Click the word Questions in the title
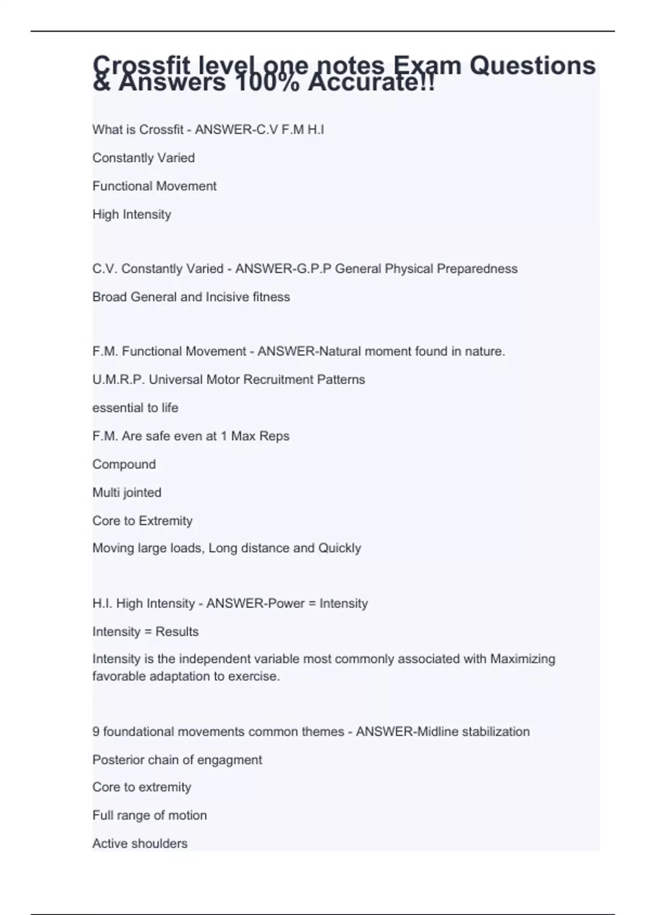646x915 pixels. pyautogui.click(x=532, y=66)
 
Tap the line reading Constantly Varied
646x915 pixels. pyautogui.click(x=143, y=158)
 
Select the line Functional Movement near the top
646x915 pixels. pyautogui.click(x=154, y=186)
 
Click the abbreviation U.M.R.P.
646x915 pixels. pyautogui.click(x=118, y=379)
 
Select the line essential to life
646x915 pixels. pyautogui.click(x=135, y=407)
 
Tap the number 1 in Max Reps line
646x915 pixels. pyautogui.click(x=223, y=436)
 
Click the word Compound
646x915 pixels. pyautogui.click(x=124, y=464)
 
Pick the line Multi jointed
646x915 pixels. pyautogui.click(x=127, y=492)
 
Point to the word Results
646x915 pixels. pyautogui.click(x=177, y=631)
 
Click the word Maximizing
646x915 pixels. pyautogui.click(x=522, y=659)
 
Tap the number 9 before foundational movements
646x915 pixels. pyautogui.click(x=96, y=731)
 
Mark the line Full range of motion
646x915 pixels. pyautogui.click(x=149, y=815)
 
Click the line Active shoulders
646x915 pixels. pyautogui.click(x=139, y=843)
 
